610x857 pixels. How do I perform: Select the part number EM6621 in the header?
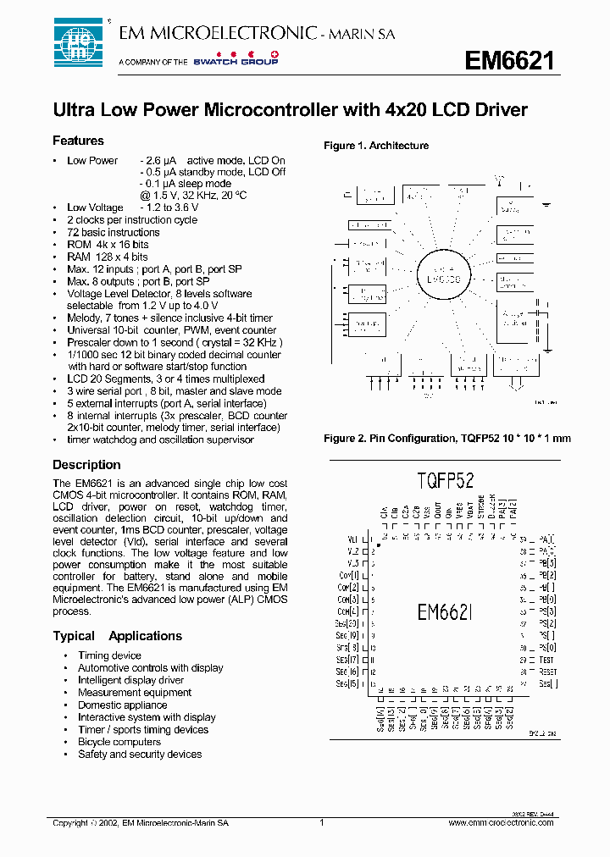pos(510,61)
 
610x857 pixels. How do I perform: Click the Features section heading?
pos(78,141)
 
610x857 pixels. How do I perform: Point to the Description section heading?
pos(86,465)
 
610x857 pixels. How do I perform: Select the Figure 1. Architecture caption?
pos(376,146)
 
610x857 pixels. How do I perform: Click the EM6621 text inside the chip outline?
pos(444,611)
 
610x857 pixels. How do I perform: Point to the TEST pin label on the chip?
pos(546,659)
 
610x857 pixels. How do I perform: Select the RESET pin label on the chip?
pos(549,671)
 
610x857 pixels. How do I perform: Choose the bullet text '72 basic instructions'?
pos(113,232)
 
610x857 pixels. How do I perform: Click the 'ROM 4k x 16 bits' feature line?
pos(108,244)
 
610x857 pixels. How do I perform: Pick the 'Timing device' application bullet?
pos(109,655)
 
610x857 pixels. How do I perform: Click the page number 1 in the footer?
pos(322,822)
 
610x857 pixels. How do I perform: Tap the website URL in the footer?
pos(500,822)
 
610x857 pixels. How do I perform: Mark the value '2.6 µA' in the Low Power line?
pos(160,160)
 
